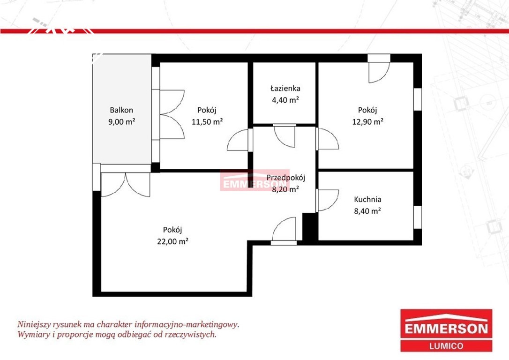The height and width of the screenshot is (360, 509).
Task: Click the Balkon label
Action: (x=121, y=110)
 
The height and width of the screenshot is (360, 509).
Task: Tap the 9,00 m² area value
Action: (x=121, y=122)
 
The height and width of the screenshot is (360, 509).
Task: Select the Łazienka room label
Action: (x=285, y=88)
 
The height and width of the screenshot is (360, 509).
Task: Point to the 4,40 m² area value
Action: (x=285, y=100)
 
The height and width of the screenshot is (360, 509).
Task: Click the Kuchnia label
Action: (x=367, y=199)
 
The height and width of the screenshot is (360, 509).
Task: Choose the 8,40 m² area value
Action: (x=367, y=211)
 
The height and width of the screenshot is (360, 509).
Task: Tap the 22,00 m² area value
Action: (x=172, y=241)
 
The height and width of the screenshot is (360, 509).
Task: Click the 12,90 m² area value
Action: (x=367, y=122)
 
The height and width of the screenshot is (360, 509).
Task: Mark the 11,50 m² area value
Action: (x=207, y=122)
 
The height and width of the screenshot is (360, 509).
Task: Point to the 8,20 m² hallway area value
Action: (x=285, y=189)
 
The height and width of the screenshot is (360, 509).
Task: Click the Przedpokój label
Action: (x=285, y=178)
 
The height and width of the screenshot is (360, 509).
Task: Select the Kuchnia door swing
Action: (x=327, y=200)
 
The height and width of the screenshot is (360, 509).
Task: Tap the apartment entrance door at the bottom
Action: (x=284, y=231)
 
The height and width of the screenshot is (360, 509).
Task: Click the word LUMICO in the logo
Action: (x=446, y=346)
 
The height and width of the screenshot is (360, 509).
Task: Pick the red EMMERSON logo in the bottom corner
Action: (x=446, y=330)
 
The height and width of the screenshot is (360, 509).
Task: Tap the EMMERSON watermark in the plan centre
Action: (x=255, y=180)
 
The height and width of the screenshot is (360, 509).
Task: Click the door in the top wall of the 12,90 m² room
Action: (x=379, y=68)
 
